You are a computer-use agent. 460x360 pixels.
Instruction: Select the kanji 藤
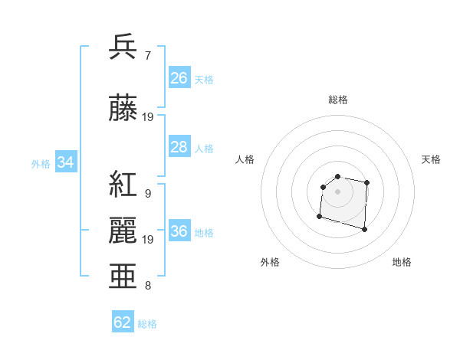pos(123,109)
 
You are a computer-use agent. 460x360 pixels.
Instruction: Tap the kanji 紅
pos(123,185)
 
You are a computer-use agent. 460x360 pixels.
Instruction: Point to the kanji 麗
pos(123,231)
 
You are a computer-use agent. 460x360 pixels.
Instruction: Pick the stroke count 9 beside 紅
pos(147,194)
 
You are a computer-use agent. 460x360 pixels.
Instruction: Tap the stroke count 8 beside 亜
pos(147,286)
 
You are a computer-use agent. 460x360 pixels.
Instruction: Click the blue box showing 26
pos(179,78)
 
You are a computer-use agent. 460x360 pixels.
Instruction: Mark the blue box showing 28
pos(179,147)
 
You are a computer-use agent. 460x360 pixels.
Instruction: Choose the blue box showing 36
pos(179,232)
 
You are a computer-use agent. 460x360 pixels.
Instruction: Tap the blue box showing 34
pos(66,162)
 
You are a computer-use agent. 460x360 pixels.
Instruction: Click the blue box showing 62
pos(123,322)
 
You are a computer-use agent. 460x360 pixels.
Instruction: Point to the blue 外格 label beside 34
pos(41,163)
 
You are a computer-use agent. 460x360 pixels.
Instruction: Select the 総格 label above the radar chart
pos(337,100)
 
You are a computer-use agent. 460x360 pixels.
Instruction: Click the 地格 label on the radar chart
pos(402,262)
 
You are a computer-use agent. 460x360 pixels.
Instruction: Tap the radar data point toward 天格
pos(367,182)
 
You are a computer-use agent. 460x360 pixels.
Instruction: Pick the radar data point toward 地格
pos(364,229)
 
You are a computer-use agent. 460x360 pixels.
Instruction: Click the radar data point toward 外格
pos(319,217)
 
